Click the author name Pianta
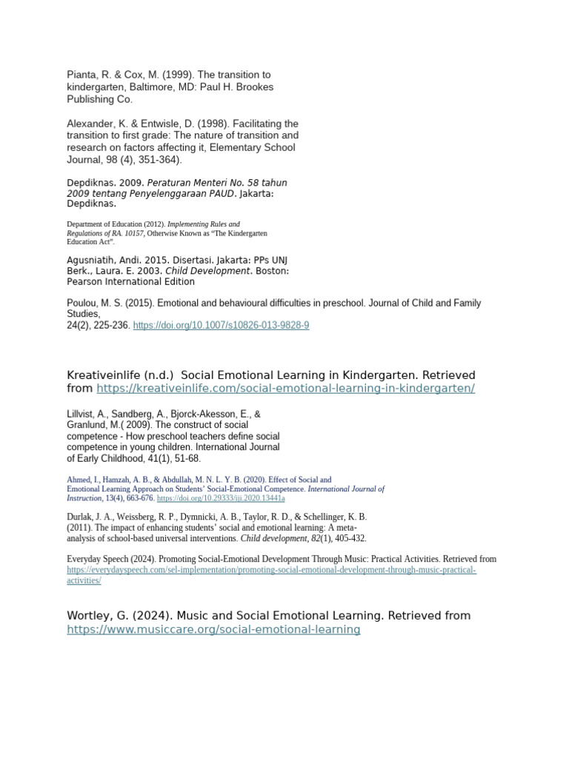tap(82, 75)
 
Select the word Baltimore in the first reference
tap(150, 87)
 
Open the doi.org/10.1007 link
tap(221, 325)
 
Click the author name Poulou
tap(83, 303)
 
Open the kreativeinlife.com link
tap(285, 388)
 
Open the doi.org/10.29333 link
tap(221, 498)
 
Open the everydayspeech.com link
tap(271, 570)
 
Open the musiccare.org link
tap(213, 629)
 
